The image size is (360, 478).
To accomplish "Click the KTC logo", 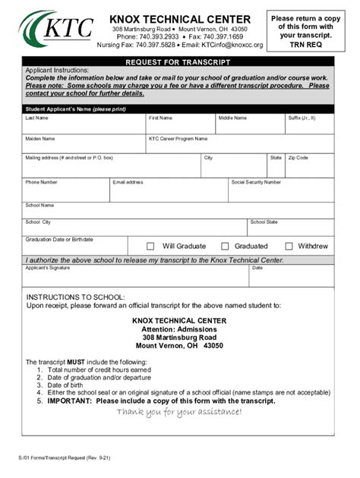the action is click(56, 30).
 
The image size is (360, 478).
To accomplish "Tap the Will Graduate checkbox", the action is click(150, 246).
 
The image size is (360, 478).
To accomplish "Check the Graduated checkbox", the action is click(225, 246).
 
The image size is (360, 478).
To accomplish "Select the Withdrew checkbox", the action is click(289, 246).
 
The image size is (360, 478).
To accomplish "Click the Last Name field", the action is click(84, 127).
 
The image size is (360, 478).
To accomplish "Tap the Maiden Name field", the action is click(84, 146).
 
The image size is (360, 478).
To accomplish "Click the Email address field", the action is click(169, 191).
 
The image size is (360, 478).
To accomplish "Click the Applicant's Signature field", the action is click(135, 278).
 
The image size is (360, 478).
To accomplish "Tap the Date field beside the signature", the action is click(292, 278).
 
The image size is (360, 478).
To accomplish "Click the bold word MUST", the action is click(76, 362).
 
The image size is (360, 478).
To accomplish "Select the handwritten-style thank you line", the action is click(179, 412).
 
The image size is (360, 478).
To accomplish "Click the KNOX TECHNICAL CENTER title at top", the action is click(179, 19).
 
